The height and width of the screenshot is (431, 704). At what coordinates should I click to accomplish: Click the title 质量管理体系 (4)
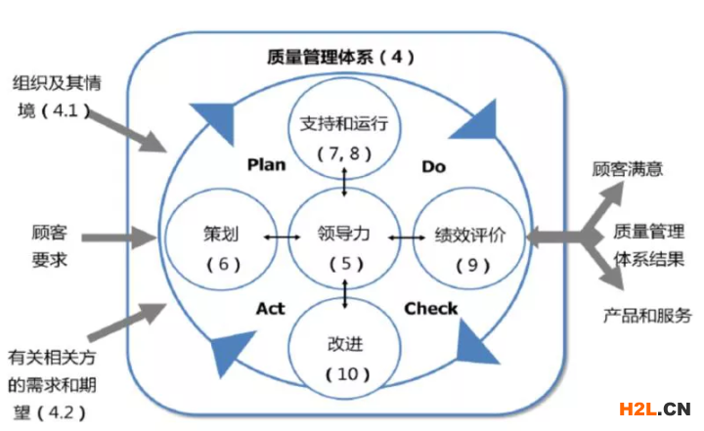pos(340,57)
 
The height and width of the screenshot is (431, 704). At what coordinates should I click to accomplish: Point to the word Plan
pos(266,164)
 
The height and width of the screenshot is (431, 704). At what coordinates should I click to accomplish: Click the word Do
pos(433,166)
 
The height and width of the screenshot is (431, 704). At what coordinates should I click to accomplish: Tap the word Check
pos(430,309)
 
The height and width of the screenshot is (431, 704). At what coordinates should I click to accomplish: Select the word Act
pos(270,309)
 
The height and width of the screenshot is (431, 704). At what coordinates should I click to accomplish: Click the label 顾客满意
pos(627,168)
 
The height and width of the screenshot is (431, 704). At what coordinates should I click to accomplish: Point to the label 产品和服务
pos(646,315)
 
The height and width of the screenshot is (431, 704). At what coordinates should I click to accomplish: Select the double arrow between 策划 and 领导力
pos(281,237)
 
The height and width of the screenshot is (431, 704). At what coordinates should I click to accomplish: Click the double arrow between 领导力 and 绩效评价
pos(402,237)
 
